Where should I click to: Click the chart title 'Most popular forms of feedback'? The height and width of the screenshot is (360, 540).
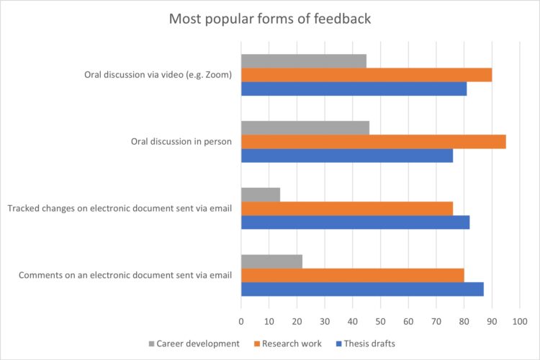tap(270, 19)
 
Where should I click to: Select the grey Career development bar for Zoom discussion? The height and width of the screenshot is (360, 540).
tap(303, 61)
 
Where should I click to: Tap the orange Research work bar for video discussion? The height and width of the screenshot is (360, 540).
tap(366, 75)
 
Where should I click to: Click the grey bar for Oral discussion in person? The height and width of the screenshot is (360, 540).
tap(305, 127)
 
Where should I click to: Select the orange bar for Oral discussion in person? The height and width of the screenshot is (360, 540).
tap(373, 141)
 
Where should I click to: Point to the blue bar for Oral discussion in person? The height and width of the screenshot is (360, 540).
tap(346, 155)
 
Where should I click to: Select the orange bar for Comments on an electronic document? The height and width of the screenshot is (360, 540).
tap(352, 274)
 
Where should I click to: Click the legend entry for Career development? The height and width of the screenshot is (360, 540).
tap(194, 343)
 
